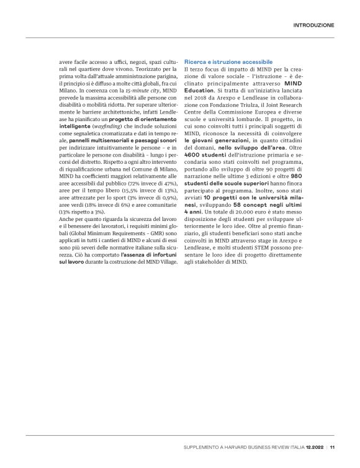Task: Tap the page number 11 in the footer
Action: [333, 446]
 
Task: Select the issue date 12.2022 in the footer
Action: [314, 446]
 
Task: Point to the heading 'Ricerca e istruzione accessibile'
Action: [228, 63]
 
